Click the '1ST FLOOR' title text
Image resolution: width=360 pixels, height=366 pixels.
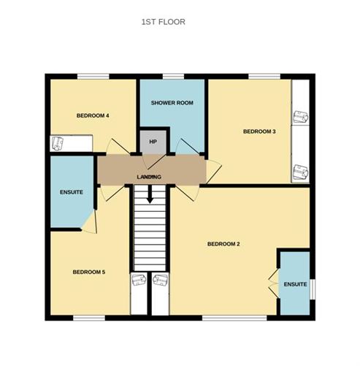point(163,22)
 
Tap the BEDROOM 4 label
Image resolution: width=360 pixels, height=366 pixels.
point(93,115)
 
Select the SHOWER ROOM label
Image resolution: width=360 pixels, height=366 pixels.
point(172,103)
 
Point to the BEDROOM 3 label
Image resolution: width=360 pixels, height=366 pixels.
point(259,131)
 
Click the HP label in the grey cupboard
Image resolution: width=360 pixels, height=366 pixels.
point(153,141)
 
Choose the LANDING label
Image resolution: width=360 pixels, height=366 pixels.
point(149,178)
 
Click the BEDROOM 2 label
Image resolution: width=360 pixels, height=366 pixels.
point(223,243)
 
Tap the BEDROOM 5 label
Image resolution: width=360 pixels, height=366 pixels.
point(89,272)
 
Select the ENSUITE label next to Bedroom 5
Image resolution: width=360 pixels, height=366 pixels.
point(72,191)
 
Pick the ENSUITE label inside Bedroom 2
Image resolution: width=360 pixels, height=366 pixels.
point(295,284)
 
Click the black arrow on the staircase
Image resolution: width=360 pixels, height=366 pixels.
point(150,195)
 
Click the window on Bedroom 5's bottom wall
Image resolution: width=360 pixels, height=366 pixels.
point(89,318)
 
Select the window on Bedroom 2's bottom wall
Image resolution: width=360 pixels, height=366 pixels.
point(224,318)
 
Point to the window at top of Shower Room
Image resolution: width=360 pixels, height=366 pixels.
point(172,76)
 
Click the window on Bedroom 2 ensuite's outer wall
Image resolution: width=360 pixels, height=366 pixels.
point(315,289)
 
